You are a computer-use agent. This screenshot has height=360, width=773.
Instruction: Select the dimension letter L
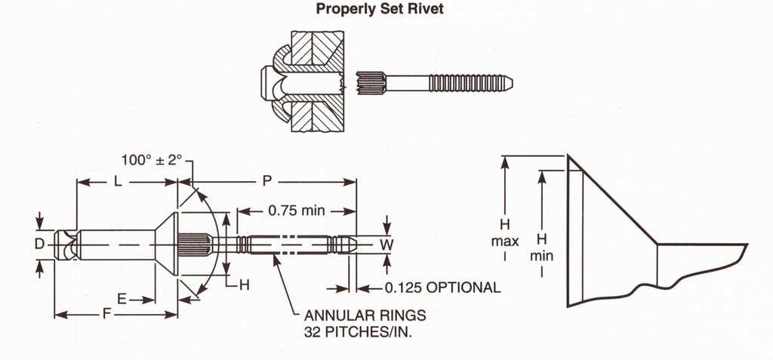tap(117, 181)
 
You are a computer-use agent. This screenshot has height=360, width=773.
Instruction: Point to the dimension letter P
tap(266, 181)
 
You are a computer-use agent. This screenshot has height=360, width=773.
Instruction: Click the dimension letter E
tap(122, 300)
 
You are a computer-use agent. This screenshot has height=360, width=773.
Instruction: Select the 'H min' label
tap(541, 246)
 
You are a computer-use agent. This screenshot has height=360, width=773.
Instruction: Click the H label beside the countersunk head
tap(244, 285)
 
